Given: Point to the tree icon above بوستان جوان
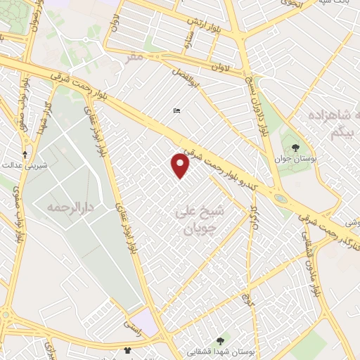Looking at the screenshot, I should point(295,148).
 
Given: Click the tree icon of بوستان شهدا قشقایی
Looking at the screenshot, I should point(220,340).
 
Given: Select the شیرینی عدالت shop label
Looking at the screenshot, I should point(26,165).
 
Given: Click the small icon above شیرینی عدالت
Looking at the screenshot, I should point(26,153).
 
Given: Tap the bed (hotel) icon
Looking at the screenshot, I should point(176,111).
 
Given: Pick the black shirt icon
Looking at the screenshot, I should point(127,349).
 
